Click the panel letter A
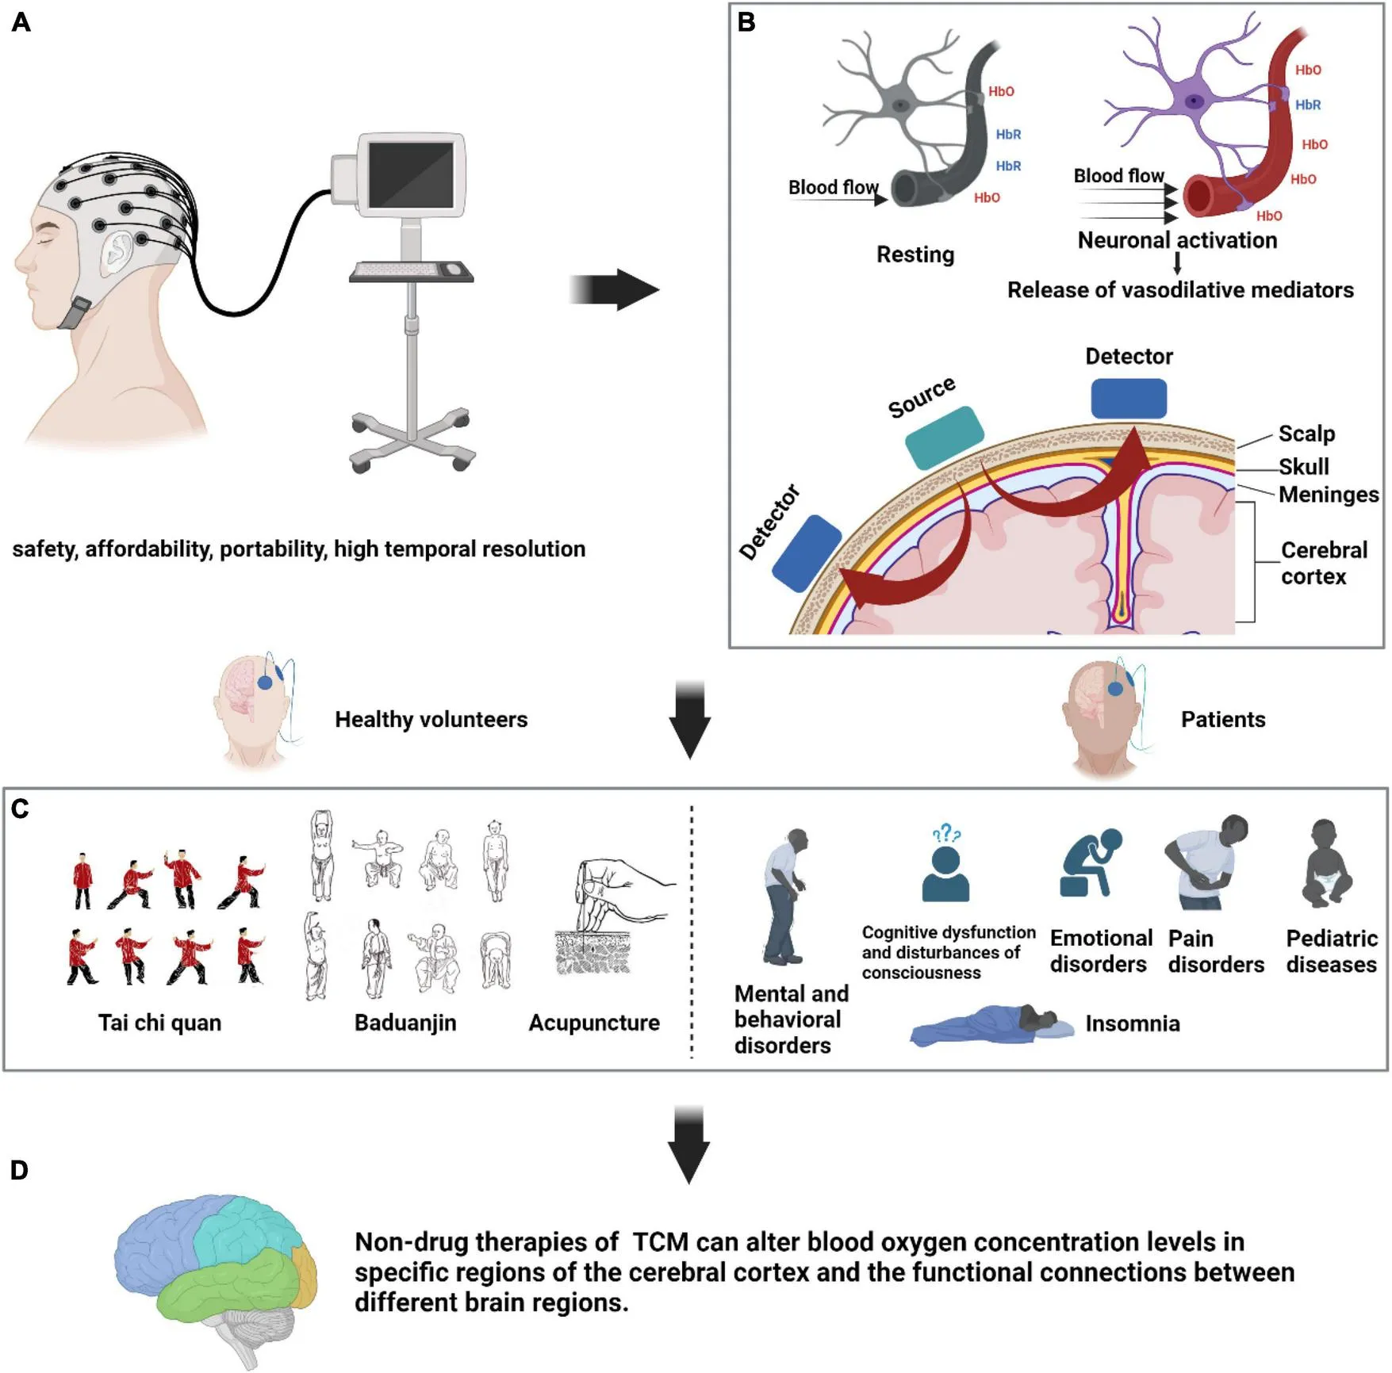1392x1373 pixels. pos(21,22)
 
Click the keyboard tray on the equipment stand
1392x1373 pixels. pos(411,272)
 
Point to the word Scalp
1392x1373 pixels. pos(1306,434)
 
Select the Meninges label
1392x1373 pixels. pos(1329,495)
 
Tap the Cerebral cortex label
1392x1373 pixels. pos(1323,563)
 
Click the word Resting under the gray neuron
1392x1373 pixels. pos(915,254)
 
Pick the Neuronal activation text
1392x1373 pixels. pos(1177,240)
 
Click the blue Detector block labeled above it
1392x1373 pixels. pos(1128,399)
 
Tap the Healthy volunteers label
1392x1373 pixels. pos(431,720)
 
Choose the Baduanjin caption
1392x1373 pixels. pos(405,1023)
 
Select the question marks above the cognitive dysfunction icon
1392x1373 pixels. pos(946,833)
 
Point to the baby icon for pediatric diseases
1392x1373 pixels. pos(1326,864)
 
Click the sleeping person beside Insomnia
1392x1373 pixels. pos(987,1025)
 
